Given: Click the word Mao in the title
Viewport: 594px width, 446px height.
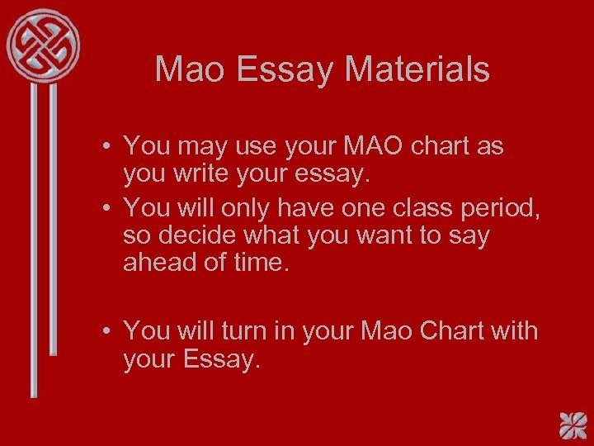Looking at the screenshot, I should (189, 69).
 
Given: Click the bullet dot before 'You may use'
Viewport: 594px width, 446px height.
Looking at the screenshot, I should (108, 148).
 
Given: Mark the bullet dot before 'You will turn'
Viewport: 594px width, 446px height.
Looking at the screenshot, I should (108, 331).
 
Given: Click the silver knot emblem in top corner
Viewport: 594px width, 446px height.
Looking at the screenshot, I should (43, 45).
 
